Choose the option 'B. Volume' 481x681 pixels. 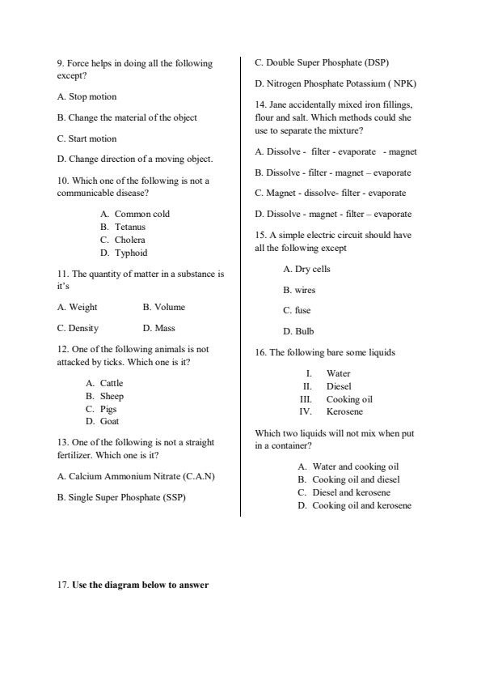163,307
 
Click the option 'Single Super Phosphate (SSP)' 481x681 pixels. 120,497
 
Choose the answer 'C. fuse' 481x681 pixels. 297,310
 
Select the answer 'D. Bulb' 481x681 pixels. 298,331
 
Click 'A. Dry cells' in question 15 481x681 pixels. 306,269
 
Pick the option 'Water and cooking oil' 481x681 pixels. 356,466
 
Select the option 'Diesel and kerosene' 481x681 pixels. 351,492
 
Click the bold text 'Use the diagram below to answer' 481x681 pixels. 140,585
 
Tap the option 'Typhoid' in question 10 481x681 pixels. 130,253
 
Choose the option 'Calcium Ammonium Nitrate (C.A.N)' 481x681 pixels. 136,476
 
